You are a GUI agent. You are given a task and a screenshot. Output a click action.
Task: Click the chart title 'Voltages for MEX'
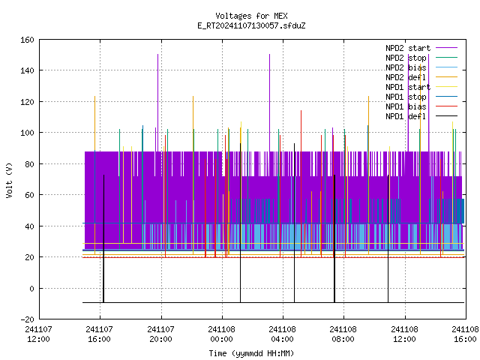tap(251, 16)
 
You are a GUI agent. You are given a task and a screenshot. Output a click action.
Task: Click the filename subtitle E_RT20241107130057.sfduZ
tap(251, 25)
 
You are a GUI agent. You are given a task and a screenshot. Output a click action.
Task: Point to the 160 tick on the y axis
tap(27, 40)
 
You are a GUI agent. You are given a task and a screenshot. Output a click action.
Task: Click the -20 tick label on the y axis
tap(27, 319)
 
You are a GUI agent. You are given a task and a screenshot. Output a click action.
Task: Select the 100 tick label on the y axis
tap(27, 133)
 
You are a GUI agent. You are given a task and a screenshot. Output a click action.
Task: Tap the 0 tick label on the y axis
tap(31, 288)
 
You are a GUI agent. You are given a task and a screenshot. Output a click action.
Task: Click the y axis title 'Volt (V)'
tap(9, 180)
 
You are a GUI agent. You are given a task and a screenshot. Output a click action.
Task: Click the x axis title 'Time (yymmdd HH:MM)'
tap(251, 353)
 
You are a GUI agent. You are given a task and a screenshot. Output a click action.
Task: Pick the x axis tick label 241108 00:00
tap(222, 334)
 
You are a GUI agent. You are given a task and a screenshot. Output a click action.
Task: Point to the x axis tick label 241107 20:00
tap(160, 334)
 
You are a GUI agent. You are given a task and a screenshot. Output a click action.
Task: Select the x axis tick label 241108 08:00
tap(343, 334)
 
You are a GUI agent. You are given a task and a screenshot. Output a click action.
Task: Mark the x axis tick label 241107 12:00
tap(38, 334)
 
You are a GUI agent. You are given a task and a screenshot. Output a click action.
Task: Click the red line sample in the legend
tap(446, 106)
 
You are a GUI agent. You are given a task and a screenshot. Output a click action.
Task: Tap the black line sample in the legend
tap(446, 116)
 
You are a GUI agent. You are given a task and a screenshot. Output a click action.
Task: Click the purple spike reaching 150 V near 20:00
tap(158, 103)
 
